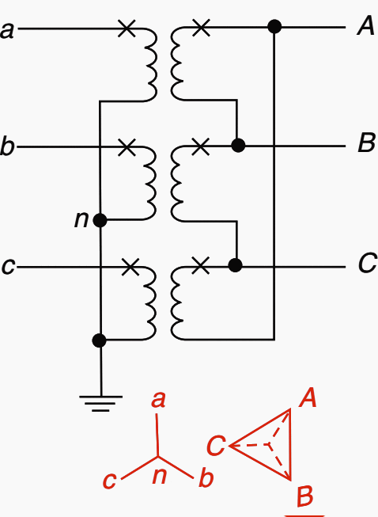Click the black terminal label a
tap(7, 31)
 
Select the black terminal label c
tap(8, 266)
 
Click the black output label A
tap(366, 25)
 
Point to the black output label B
tap(366, 143)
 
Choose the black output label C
tap(368, 263)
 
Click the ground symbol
tap(100, 404)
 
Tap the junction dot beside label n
tap(100, 220)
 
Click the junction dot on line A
tap(274, 27)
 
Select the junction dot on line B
tap(238, 145)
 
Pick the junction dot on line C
tap(235, 265)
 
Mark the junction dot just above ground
tap(100, 340)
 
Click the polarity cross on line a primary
tap(127, 29)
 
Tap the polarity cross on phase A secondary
tap(201, 28)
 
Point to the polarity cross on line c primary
tap(130, 266)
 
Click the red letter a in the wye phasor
tap(158, 401)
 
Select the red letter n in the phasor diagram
tap(160, 477)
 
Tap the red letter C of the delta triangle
tap(217, 445)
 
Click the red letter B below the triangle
tap(305, 496)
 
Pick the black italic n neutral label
tap(81, 219)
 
